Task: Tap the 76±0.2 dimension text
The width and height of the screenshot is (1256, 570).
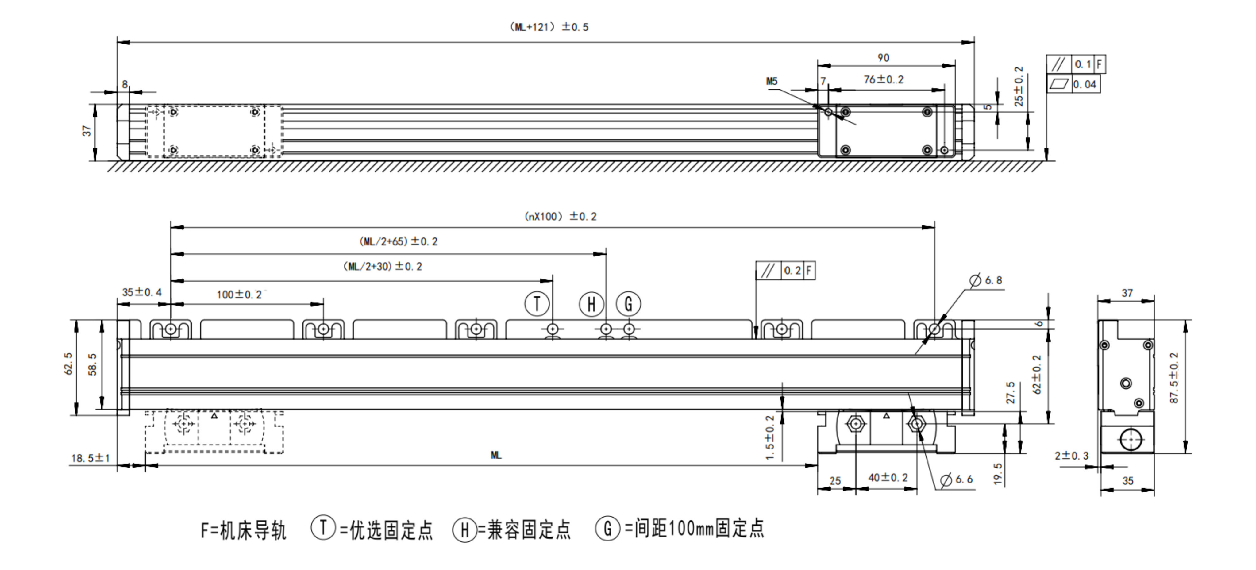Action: [x=884, y=79]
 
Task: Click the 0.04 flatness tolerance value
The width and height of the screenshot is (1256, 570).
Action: [x=1085, y=84]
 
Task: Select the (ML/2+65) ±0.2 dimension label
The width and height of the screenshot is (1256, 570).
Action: [x=398, y=241]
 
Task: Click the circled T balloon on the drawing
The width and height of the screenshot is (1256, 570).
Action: [x=537, y=304]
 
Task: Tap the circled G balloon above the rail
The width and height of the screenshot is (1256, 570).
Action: [x=629, y=304]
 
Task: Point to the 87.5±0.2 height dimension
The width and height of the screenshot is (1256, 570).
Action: [x=1174, y=378]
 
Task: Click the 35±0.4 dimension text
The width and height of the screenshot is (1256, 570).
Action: [x=141, y=292]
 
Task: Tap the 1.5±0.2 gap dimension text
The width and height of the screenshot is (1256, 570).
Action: [x=770, y=437]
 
